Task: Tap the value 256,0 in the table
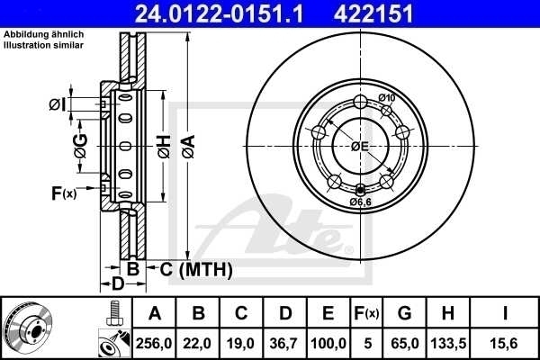click(x=155, y=343)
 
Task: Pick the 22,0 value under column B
click(x=199, y=343)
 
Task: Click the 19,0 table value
click(x=242, y=343)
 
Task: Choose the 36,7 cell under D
click(x=285, y=343)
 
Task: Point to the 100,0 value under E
click(x=329, y=343)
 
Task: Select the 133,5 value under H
click(x=448, y=343)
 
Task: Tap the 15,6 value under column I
click(x=506, y=343)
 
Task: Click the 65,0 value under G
click(x=404, y=343)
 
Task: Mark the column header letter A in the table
click(x=155, y=313)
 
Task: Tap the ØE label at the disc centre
click(x=360, y=146)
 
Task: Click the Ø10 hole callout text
click(x=388, y=97)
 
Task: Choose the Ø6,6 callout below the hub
click(x=361, y=202)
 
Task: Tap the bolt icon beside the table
click(x=114, y=312)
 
